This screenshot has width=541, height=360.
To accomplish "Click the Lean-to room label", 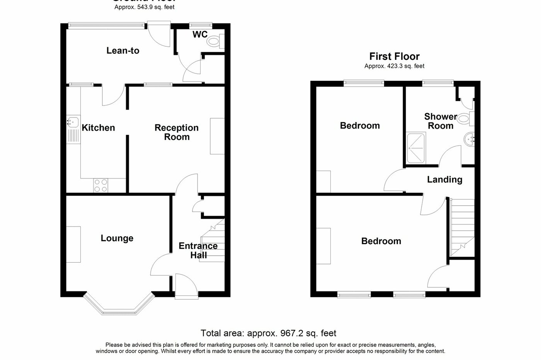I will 123,51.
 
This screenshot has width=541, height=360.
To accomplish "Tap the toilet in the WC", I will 215,41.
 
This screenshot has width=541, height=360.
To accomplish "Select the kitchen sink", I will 73,122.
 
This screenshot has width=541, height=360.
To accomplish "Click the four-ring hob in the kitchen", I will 101,185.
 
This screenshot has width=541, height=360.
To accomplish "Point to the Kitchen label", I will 98,128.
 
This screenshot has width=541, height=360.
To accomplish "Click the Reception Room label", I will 177,132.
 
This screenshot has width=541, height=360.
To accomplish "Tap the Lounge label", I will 117,238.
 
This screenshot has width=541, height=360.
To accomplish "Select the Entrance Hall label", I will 198,250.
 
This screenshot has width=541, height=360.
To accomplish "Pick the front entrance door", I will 186,286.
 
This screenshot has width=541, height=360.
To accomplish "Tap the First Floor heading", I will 394,57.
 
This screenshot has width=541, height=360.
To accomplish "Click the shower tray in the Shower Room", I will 415,148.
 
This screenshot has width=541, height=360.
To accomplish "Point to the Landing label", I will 444,180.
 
